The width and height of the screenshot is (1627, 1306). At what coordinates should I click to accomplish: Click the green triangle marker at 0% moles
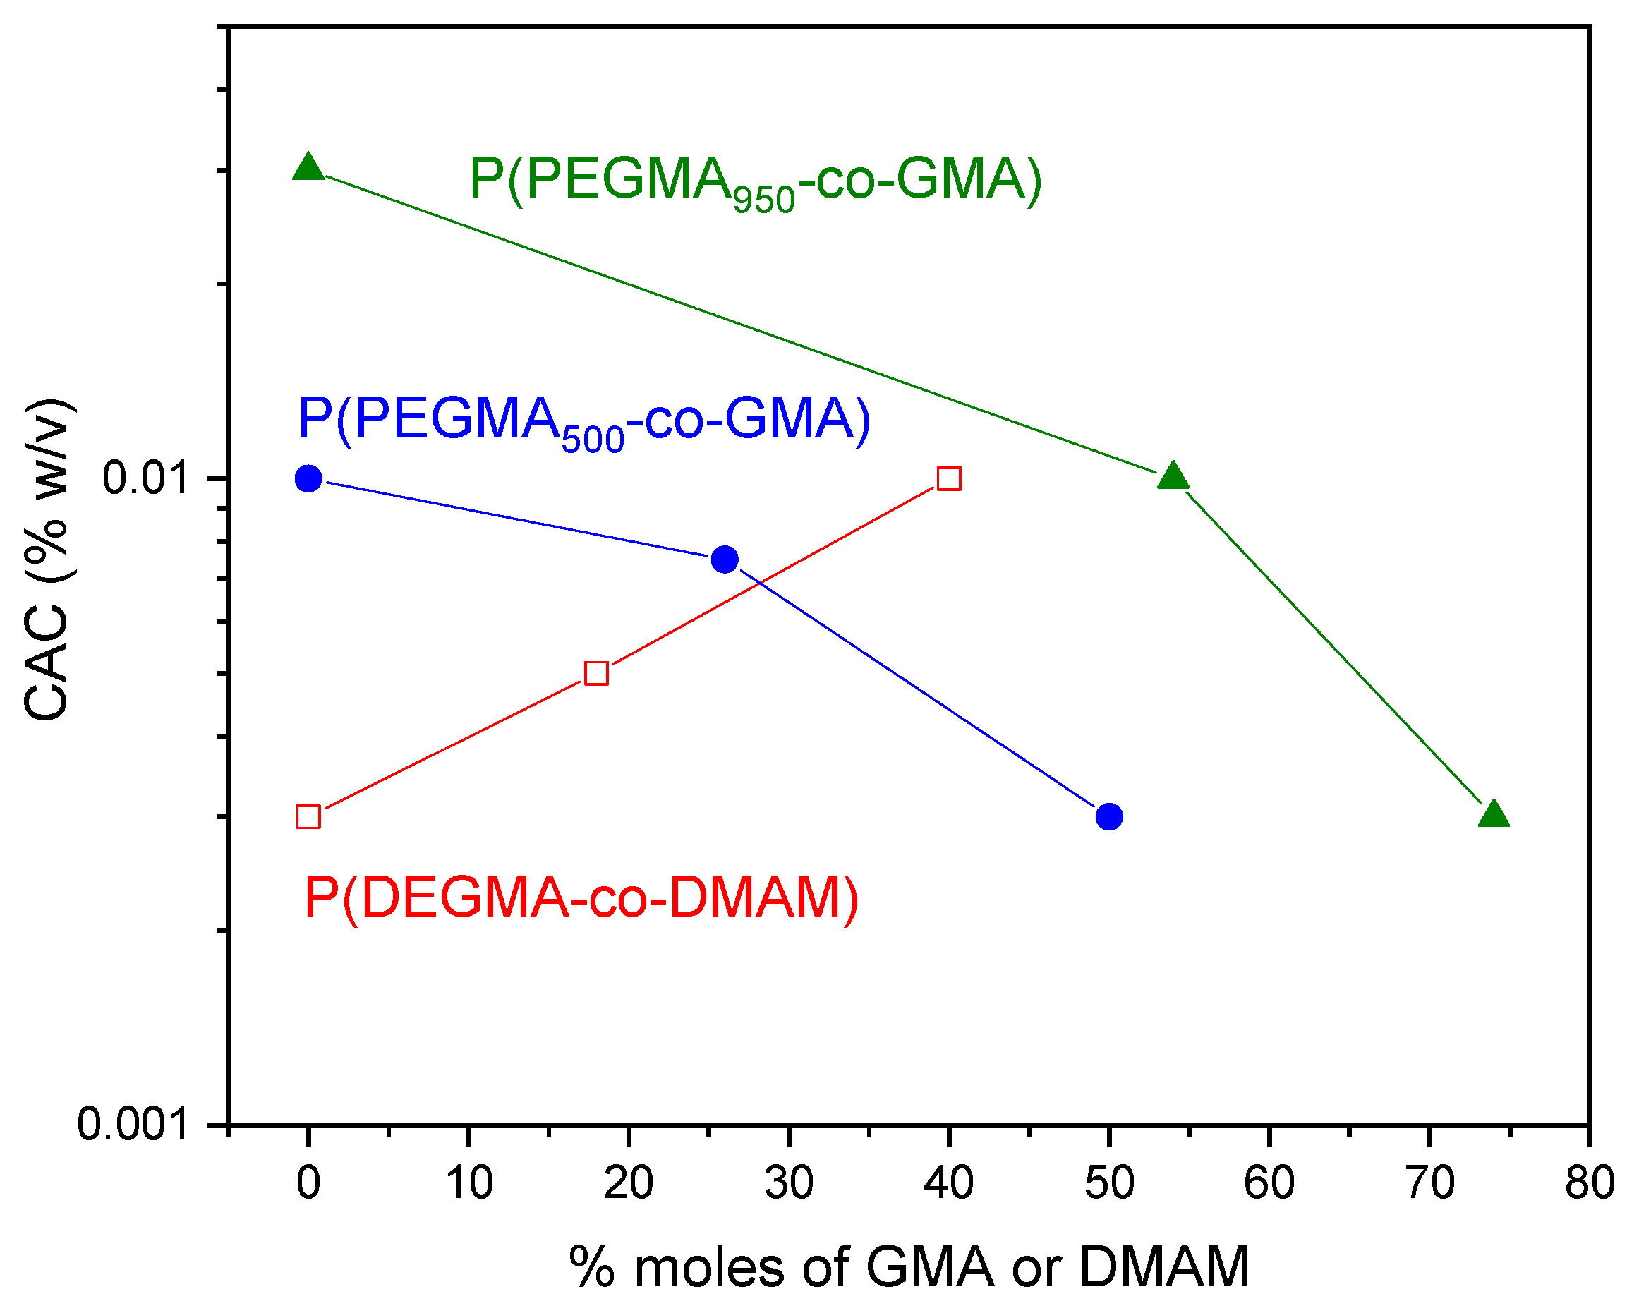[308, 168]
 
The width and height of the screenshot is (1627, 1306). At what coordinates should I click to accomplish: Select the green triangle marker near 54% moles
[1173, 478]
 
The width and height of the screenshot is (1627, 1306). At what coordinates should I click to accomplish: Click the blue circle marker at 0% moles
[308, 478]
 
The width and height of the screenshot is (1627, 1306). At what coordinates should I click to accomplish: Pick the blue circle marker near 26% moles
[725, 559]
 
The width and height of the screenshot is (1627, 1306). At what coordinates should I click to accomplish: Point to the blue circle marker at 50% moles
[1108, 816]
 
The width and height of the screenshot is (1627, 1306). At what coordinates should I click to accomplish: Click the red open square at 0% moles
[308, 817]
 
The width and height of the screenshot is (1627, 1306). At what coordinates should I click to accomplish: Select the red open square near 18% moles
[596, 673]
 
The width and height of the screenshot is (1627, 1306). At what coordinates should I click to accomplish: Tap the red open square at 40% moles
[948, 479]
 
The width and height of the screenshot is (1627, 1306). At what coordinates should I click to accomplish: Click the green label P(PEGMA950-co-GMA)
[755, 181]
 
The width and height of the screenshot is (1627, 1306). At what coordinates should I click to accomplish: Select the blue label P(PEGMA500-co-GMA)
[584, 421]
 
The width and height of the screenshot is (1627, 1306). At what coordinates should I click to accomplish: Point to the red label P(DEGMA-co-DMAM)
[581, 897]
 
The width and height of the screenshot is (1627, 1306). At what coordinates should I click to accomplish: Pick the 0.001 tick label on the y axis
[132, 1125]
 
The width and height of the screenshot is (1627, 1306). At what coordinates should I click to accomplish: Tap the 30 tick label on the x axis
[789, 1183]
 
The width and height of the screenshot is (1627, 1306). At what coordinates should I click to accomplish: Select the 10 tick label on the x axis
[468, 1183]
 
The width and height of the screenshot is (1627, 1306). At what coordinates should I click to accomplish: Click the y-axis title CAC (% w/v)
[47, 559]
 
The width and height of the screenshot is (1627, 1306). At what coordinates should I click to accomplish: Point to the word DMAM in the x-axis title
[1163, 1267]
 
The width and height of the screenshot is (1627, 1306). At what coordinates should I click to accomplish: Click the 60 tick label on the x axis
[1269, 1183]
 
